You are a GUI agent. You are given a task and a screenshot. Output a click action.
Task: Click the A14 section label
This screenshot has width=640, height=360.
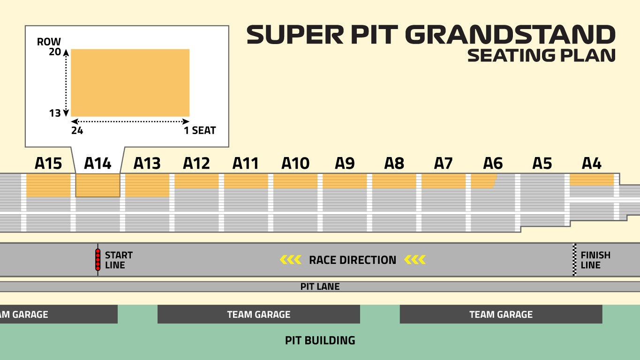point(98,164)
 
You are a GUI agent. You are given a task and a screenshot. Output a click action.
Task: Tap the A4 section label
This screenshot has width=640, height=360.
point(591,164)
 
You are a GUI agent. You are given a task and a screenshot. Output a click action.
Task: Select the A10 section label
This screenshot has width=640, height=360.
point(295,164)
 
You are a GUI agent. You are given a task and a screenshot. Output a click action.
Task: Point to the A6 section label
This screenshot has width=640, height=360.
point(493,164)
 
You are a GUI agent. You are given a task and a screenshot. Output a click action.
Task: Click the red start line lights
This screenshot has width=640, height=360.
point(98,260)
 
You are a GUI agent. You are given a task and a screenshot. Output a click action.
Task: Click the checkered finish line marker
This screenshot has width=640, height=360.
point(574,260)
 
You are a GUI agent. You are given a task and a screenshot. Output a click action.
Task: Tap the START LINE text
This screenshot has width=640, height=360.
point(119,260)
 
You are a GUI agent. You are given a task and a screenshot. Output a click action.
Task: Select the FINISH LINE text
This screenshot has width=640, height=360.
point(595,260)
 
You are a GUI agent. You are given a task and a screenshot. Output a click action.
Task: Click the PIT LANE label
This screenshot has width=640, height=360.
point(320,286)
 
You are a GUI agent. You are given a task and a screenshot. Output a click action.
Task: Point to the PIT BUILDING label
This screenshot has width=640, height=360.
point(320,340)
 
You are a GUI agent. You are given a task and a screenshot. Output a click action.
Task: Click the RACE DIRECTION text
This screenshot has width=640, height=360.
point(353,260)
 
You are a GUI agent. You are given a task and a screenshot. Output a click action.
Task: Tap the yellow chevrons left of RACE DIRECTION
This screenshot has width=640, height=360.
point(290,260)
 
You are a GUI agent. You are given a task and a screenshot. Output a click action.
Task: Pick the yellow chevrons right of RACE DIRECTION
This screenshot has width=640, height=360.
point(415,260)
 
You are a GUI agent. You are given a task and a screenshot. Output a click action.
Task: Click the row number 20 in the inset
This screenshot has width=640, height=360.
point(55,52)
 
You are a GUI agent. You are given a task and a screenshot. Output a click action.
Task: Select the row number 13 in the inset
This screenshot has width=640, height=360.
point(55,113)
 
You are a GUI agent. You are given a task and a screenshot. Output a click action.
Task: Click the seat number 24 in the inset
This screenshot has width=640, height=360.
point(77,131)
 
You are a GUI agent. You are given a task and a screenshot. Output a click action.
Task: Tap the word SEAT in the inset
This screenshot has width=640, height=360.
point(203,131)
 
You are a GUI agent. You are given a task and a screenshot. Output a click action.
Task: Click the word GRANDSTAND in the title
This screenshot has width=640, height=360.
point(510,35)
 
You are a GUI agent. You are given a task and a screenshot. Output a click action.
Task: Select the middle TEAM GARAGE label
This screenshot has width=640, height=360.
point(258,315)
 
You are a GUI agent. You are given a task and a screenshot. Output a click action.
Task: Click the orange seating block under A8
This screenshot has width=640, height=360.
point(394,181)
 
